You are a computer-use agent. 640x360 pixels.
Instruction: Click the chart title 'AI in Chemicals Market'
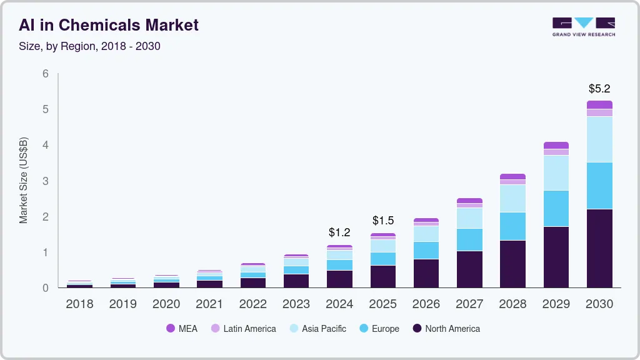click(x=109, y=25)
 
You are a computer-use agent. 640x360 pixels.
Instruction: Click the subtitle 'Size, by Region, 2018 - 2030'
click(x=89, y=46)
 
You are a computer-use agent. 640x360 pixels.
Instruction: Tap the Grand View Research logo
click(x=583, y=26)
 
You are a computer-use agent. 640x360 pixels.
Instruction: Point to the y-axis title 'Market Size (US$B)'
click(x=24, y=180)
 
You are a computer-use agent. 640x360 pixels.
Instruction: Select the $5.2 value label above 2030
click(x=599, y=89)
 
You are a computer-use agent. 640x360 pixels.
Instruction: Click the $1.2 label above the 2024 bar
click(x=339, y=232)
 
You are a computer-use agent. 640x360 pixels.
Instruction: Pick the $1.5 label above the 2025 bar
click(x=383, y=221)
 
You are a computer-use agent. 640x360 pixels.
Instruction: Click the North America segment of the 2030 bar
click(x=599, y=248)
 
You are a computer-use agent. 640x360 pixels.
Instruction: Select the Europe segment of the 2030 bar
click(x=599, y=186)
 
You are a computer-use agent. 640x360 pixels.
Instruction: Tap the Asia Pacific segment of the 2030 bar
click(x=599, y=139)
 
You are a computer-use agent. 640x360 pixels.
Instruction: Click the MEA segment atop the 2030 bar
click(x=599, y=104)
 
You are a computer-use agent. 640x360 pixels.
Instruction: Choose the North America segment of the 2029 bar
click(x=556, y=257)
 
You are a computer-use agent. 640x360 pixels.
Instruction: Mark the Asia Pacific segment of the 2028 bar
click(x=512, y=198)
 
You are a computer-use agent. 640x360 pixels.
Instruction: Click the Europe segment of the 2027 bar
click(x=469, y=239)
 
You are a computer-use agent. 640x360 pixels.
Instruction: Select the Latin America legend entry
click(x=243, y=329)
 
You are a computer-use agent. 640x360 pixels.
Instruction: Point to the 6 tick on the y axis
click(x=46, y=74)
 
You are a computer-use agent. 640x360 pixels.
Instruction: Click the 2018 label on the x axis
click(x=79, y=304)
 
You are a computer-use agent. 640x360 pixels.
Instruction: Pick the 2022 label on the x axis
click(x=252, y=304)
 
